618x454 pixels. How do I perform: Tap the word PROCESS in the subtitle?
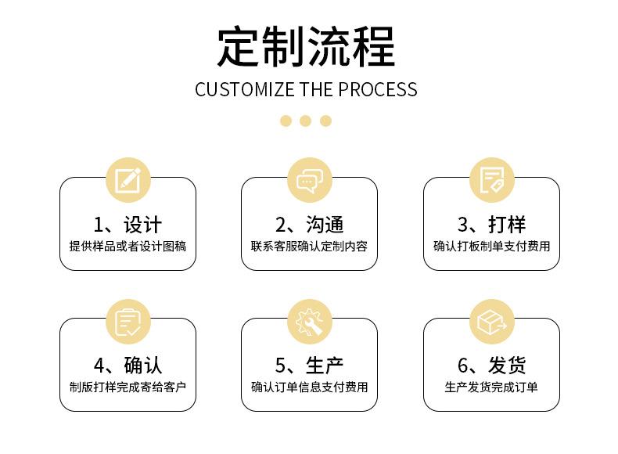(x=377, y=89)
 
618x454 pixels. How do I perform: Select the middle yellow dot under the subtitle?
(x=306, y=121)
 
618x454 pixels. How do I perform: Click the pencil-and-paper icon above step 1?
(x=128, y=181)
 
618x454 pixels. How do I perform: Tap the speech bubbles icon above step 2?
(x=309, y=181)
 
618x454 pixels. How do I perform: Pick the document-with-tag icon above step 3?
(x=491, y=181)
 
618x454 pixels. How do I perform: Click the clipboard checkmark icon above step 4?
(x=128, y=322)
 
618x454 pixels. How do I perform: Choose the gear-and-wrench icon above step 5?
(x=309, y=322)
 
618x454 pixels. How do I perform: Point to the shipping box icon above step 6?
(x=491, y=322)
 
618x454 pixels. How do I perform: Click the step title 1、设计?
(x=128, y=225)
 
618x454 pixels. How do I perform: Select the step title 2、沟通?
(x=309, y=225)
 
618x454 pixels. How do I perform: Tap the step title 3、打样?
(x=491, y=225)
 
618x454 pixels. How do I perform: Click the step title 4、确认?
(x=128, y=366)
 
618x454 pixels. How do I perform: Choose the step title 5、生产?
(x=309, y=366)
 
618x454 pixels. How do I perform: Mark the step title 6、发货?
(x=491, y=366)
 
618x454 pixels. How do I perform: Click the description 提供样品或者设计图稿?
(x=128, y=247)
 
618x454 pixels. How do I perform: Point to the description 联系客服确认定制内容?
(x=309, y=247)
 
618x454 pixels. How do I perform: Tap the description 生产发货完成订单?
(x=491, y=387)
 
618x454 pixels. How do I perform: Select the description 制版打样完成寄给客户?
(x=128, y=387)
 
